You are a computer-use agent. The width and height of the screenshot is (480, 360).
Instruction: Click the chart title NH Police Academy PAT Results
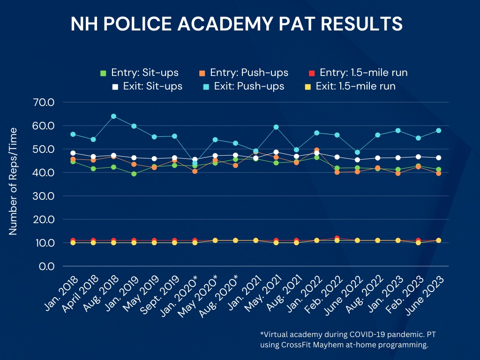point(236,23)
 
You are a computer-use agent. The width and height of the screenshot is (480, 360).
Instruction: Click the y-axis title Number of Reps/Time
point(13,181)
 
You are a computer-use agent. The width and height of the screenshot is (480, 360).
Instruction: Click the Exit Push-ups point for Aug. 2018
point(113,116)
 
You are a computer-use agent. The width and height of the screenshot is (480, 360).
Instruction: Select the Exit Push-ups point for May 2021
point(276,127)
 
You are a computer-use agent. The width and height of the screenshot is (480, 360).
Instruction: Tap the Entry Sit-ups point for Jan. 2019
point(134,174)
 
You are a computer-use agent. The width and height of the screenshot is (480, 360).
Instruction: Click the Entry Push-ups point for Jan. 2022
point(317,150)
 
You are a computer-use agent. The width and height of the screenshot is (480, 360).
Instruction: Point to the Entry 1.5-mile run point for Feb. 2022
point(337,238)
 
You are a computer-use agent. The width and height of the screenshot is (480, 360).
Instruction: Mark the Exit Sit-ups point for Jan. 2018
point(73,153)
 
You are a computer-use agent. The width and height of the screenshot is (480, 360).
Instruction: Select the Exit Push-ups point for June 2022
point(358,152)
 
